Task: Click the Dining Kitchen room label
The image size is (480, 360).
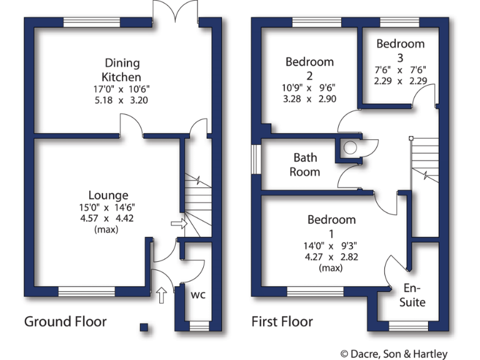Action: tap(122, 69)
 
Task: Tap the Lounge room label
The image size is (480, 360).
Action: tap(108, 196)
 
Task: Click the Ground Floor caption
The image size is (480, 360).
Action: tap(65, 322)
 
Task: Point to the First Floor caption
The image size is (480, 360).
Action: tap(282, 322)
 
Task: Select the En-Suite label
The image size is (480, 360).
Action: tap(412, 296)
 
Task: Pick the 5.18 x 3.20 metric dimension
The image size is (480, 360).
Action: tap(122, 100)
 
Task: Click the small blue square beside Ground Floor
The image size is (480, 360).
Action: tap(144, 326)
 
